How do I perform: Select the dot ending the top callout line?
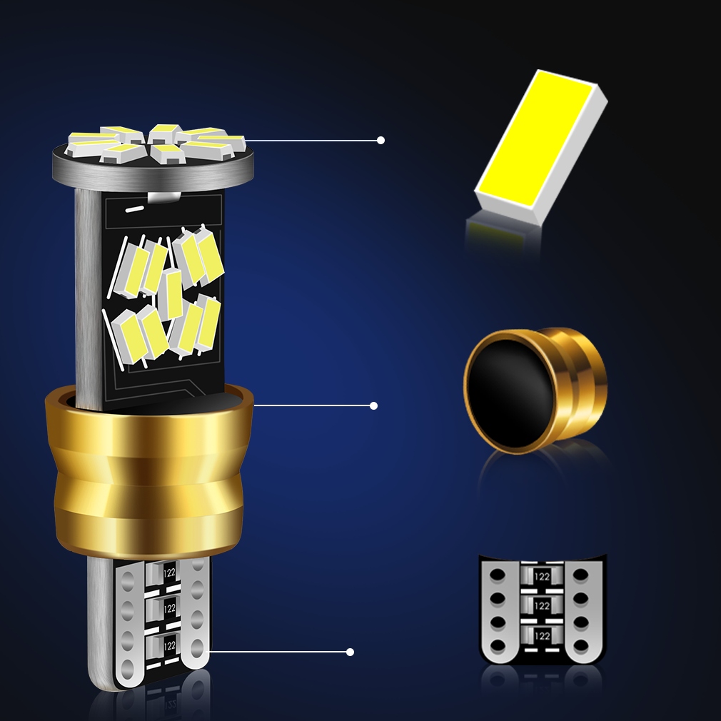[x=380, y=141]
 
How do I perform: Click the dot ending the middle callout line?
[x=373, y=405]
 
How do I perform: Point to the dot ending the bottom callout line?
[x=350, y=652]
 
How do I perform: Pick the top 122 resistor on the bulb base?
[x=169, y=573]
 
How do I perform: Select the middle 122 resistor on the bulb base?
[x=169, y=608]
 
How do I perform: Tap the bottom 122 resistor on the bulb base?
[x=169, y=645]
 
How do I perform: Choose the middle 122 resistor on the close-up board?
[x=542, y=605]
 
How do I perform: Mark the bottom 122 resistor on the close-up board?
[x=542, y=635]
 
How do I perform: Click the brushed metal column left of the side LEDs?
[x=88, y=300]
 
